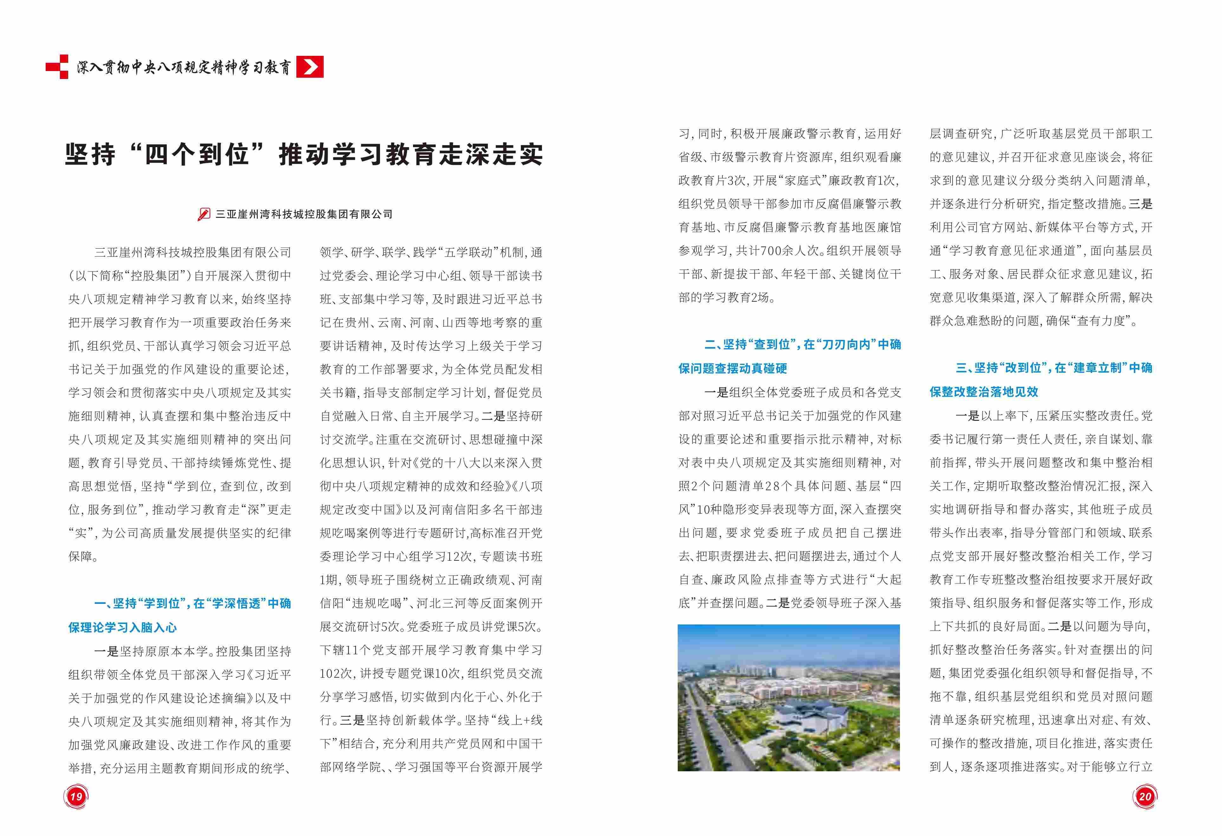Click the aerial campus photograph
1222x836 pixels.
789,698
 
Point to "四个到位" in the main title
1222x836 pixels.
196,154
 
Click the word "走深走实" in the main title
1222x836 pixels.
491,154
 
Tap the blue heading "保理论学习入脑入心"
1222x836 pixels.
122,627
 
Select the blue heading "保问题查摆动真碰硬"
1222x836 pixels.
733,368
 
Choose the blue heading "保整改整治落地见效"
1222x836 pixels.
984,392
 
